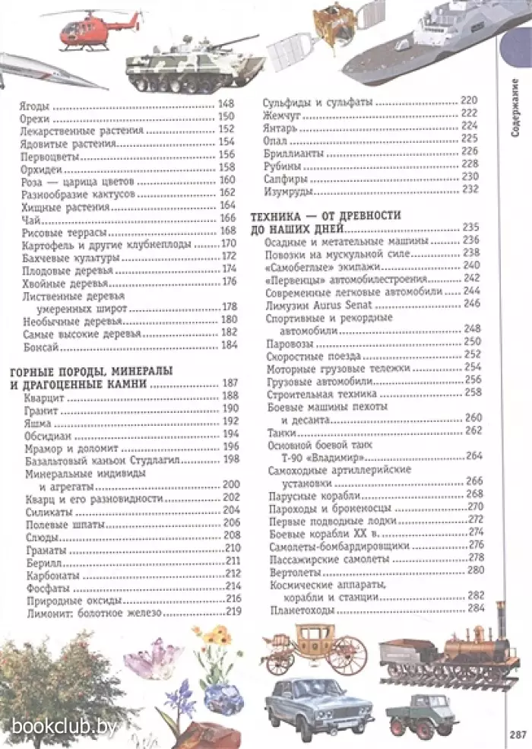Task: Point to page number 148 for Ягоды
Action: (227, 105)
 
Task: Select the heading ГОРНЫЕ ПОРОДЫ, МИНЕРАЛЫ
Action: (89, 371)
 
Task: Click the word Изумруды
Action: (285, 189)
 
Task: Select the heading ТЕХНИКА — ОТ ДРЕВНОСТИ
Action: (325, 216)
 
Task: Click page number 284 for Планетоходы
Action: (476, 608)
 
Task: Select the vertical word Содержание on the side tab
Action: (515, 107)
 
